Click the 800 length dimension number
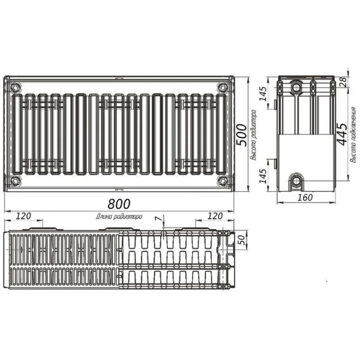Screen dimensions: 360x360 pos(118,203)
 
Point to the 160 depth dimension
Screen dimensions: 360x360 pos(304,197)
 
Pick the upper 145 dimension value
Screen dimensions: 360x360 pos(262,94)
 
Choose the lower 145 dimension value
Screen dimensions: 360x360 pos(262,176)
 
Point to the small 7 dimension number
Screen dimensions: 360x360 pos(157,220)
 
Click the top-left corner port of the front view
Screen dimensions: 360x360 pos(14,86)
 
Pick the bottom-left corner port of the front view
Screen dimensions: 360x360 pos(14,181)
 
